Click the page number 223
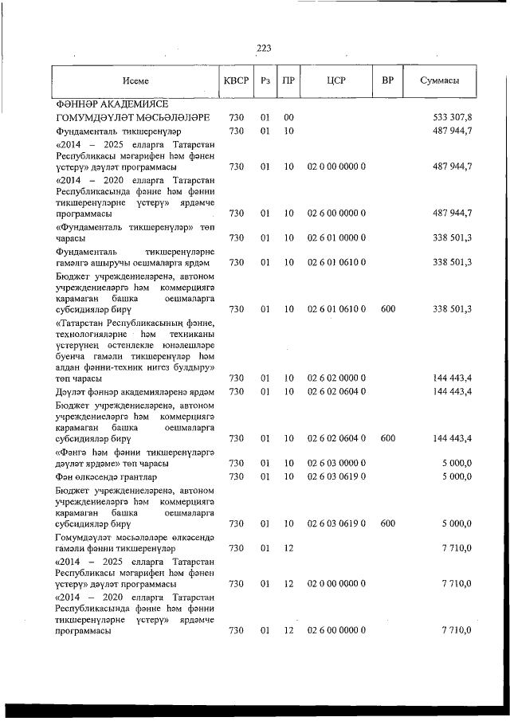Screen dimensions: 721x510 (264, 49)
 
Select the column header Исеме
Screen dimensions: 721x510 (136, 80)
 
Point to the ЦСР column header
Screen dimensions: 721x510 (336, 80)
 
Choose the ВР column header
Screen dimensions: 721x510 (388, 80)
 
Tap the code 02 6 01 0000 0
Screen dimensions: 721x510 (336, 237)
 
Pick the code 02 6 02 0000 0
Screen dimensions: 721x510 (336, 378)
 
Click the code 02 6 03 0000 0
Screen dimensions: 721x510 (336, 463)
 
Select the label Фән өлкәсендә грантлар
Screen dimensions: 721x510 (101, 476)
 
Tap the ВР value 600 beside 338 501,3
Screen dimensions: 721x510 (388, 308)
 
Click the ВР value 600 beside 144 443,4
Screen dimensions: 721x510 (388, 438)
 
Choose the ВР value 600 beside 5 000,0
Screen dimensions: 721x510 (388, 523)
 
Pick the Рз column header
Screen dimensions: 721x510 (265, 80)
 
